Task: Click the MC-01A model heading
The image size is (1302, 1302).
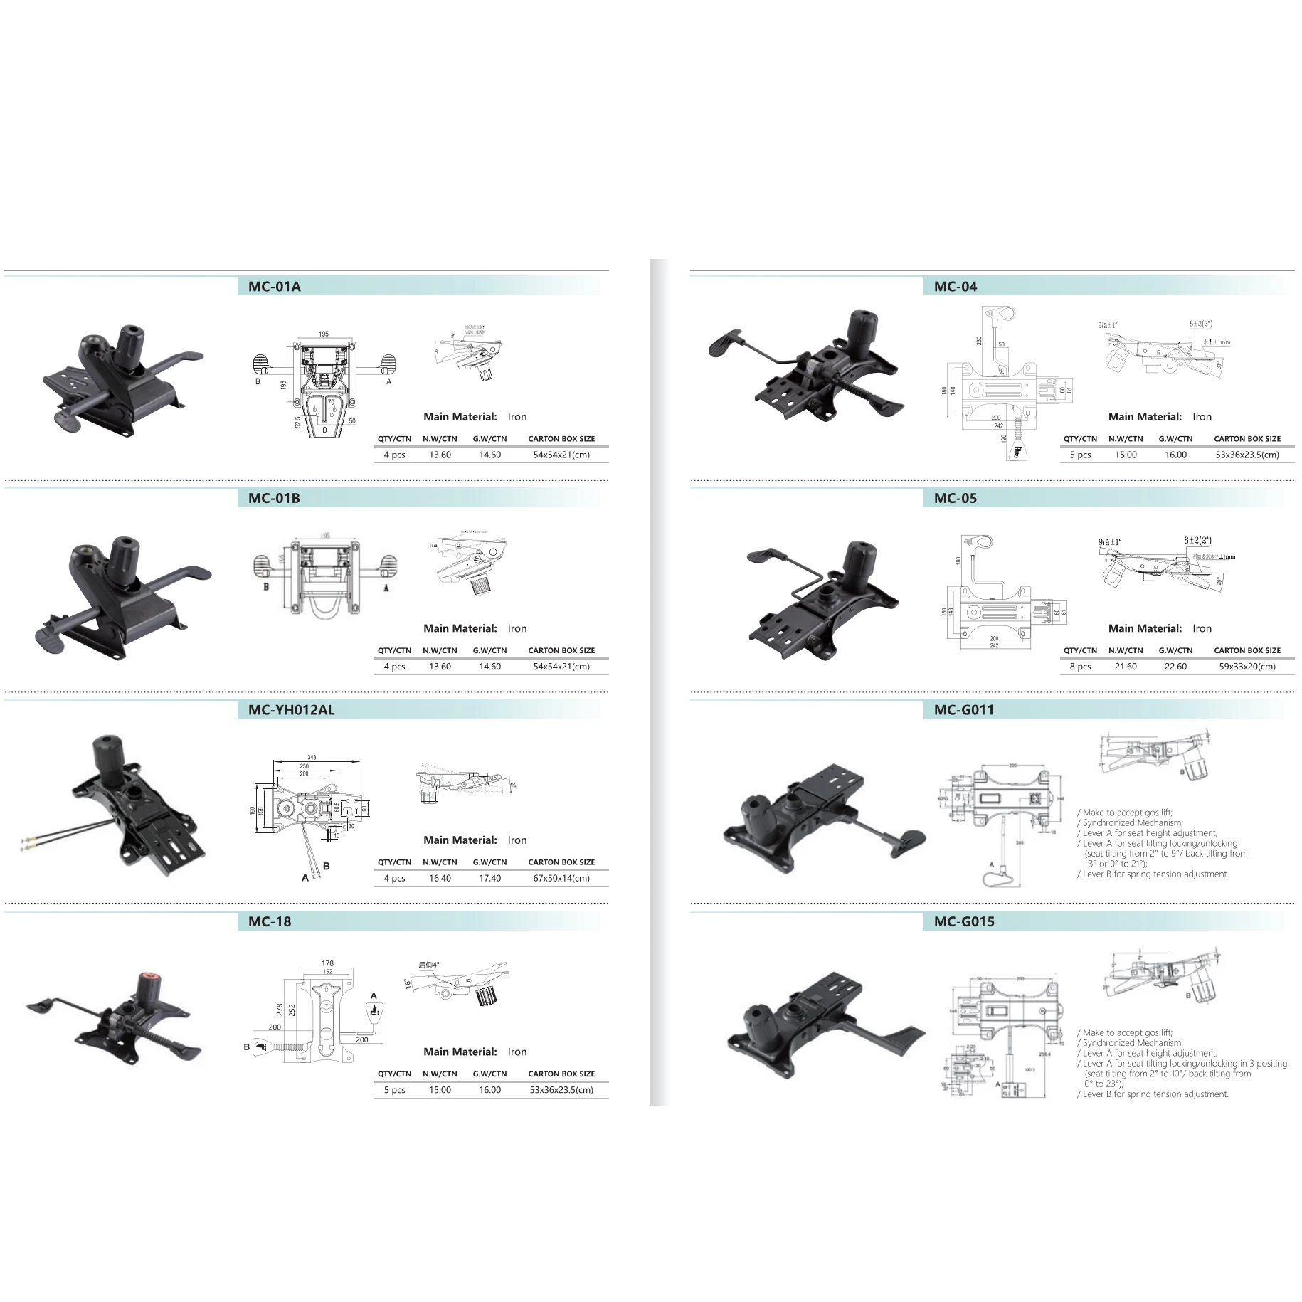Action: pyautogui.click(x=274, y=287)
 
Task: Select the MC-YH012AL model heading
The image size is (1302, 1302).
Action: pyautogui.click(x=291, y=709)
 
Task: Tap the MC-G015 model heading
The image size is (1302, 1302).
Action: pyautogui.click(x=964, y=921)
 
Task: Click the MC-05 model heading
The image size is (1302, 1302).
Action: pyautogui.click(x=955, y=498)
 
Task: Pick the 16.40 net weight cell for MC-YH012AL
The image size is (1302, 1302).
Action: pyautogui.click(x=440, y=878)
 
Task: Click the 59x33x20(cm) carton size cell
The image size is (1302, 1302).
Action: pyautogui.click(x=1247, y=667)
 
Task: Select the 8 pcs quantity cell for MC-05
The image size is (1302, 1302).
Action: pyautogui.click(x=1080, y=667)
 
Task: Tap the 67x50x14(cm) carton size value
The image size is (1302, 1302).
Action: pyautogui.click(x=561, y=878)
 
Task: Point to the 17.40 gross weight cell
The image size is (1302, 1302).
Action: pyautogui.click(x=489, y=878)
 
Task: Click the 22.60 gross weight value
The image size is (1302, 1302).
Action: pyautogui.click(x=1175, y=667)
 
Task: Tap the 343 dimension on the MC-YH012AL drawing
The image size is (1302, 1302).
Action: pyautogui.click(x=312, y=758)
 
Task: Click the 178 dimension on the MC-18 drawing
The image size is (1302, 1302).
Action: pyautogui.click(x=327, y=963)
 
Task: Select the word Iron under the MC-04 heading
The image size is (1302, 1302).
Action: pyautogui.click(x=1202, y=417)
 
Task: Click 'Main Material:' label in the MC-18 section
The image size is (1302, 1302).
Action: pyautogui.click(x=460, y=1052)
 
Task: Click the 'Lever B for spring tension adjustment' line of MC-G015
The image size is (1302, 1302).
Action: pyautogui.click(x=1155, y=1094)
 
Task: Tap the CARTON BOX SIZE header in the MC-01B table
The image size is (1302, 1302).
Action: pyautogui.click(x=561, y=650)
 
